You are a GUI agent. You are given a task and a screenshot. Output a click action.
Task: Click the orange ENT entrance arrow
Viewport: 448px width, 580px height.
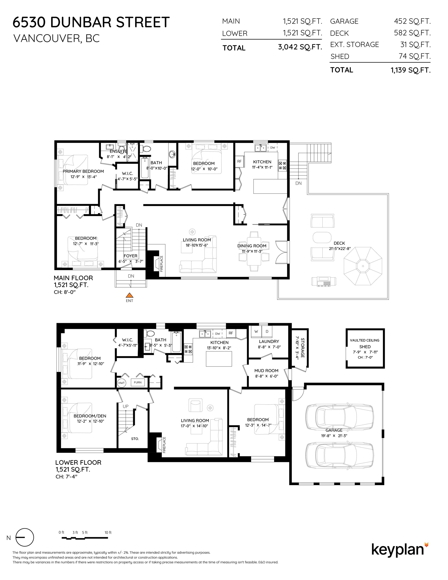pyautogui.click(x=129, y=295)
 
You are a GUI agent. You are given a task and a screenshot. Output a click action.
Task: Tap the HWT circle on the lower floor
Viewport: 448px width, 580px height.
pyautogui.click(x=122, y=383)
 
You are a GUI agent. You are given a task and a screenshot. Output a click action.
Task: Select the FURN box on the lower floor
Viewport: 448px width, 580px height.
pyautogui.click(x=138, y=382)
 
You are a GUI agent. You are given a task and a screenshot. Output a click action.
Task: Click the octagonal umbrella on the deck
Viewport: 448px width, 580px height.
pyautogui.click(x=363, y=266)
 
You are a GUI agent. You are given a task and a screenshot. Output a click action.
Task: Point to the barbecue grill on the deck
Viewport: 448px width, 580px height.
pyautogui.click(x=324, y=281)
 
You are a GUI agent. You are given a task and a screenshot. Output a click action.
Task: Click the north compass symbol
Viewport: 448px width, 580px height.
pyautogui.click(x=25, y=537)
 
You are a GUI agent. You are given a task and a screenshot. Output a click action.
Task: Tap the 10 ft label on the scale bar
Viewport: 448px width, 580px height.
pyautogui.click(x=108, y=532)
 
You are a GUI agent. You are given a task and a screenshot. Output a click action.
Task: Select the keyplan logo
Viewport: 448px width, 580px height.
pyautogui.click(x=400, y=550)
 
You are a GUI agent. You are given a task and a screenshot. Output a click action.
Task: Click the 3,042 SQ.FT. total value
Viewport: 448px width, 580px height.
pyautogui.click(x=300, y=47)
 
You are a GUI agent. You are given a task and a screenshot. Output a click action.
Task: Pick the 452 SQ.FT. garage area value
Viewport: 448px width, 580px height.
pyautogui.click(x=413, y=21)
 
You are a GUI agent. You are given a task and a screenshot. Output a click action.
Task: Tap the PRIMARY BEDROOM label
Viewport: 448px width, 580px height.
pyautogui.click(x=83, y=171)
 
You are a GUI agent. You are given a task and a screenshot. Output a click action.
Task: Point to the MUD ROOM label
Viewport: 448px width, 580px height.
pyautogui.click(x=266, y=371)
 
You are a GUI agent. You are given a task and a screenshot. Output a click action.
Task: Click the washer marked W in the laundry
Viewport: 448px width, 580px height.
pyautogui.click(x=256, y=332)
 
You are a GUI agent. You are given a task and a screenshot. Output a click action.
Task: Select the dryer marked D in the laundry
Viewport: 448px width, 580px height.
pyautogui.click(x=267, y=332)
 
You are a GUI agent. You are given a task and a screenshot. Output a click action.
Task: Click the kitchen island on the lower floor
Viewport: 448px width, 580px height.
pyautogui.click(x=219, y=359)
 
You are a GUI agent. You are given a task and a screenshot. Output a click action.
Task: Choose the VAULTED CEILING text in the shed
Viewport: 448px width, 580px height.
pyautogui.click(x=365, y=340)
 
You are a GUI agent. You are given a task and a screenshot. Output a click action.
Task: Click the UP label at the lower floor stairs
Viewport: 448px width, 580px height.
pyautogui.click(x=126, y=406)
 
